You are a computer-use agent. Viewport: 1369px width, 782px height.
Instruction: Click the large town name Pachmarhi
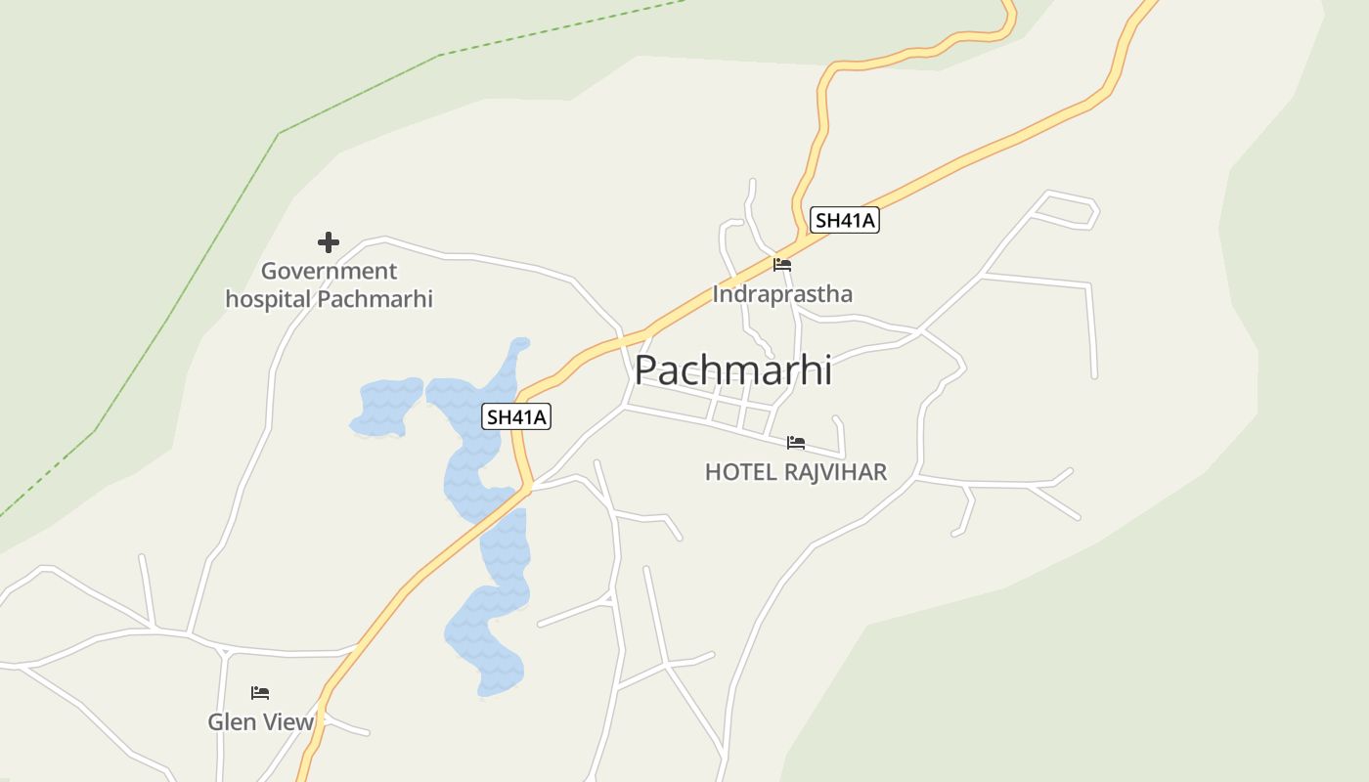pos(733,370)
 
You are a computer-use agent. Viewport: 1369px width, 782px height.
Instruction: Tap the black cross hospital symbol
pos(329,241)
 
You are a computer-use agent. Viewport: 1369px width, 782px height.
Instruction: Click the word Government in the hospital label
pos(329,271)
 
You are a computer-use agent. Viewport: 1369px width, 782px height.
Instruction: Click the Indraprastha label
pos(782,293)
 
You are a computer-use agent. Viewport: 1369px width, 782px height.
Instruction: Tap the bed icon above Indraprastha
pos(782,264)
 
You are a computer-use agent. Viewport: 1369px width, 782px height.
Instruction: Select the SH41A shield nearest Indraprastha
pos(845,220)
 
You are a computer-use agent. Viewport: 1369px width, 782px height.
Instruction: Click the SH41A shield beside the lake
pos(517,416)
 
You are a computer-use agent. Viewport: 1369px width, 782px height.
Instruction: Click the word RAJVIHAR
pos(835,472)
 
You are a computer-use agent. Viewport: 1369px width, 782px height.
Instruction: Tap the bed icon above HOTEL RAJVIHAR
pos(796,443)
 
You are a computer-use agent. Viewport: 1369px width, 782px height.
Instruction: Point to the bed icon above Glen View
pos(259,693)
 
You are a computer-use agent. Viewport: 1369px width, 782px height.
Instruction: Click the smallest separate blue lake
pos(386,406)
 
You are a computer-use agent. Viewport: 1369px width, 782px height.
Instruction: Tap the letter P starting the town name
pos(647,370)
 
